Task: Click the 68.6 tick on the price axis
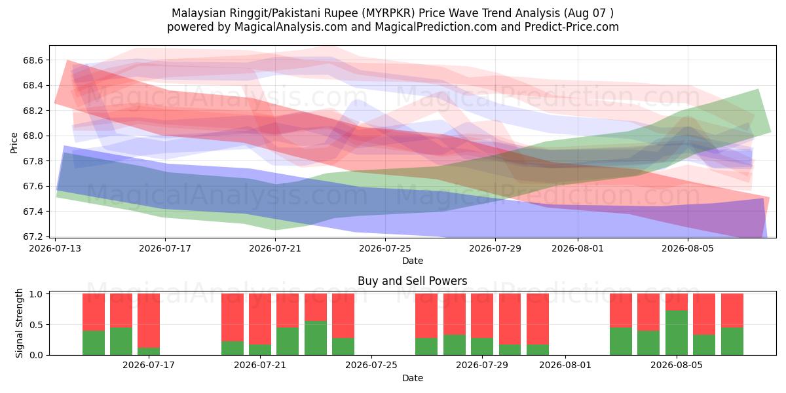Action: click(33, 60)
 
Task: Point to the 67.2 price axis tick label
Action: click(33, 237)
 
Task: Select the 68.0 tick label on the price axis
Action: click(33, 136)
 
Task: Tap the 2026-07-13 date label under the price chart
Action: click(55, 249)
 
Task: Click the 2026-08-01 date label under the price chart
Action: click(578, 249)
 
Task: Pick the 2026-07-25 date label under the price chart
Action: click(385, 249)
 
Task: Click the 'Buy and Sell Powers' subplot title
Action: click(412, 281)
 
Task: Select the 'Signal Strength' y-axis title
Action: click(19, 323)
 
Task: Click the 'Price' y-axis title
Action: click(14, 143)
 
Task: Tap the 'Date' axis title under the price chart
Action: click(412, 261)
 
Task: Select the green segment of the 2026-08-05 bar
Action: click(677, 333)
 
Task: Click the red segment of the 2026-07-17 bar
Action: click(149, 321)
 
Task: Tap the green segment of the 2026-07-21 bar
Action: click(260, 350)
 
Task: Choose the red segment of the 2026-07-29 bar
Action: click(482, 316)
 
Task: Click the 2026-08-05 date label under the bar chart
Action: click(677, 365)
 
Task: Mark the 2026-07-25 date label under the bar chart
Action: click(371, 365)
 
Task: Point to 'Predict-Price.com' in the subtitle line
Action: click(572, 27)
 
